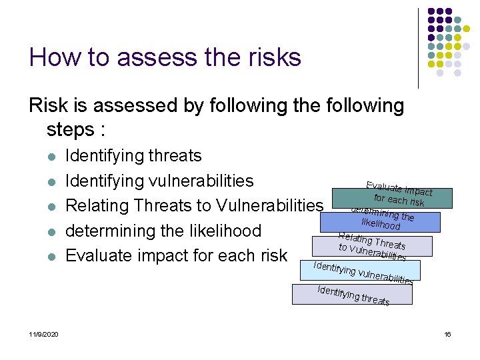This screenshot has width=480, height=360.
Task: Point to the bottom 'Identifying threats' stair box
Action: coord(352,294)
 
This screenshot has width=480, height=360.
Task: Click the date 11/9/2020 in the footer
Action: coord(43,334)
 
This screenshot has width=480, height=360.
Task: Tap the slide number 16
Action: coord(447,334)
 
